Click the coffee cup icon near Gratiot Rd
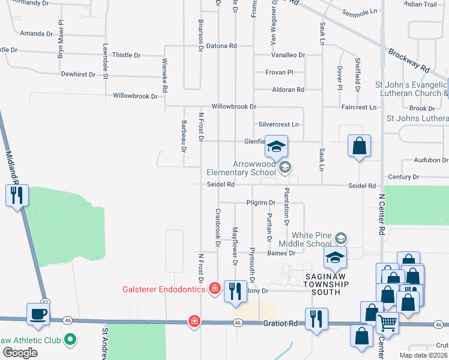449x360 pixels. [x=39, y=314]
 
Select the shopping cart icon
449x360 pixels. [x=387, y=323]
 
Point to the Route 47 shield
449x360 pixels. [x=45, y=302]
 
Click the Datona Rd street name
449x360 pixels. [x=221, y=46]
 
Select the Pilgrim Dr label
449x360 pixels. [x=260, y=203]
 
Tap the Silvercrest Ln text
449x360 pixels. [x=278, y=124]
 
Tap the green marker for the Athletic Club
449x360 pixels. [x=70, y=340]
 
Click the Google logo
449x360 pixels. [x=20, y=353]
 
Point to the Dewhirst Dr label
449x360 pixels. [x=78, y=74]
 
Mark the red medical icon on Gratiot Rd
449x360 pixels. [x=194, y=322]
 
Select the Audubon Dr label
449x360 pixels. [x=431, y=160]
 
